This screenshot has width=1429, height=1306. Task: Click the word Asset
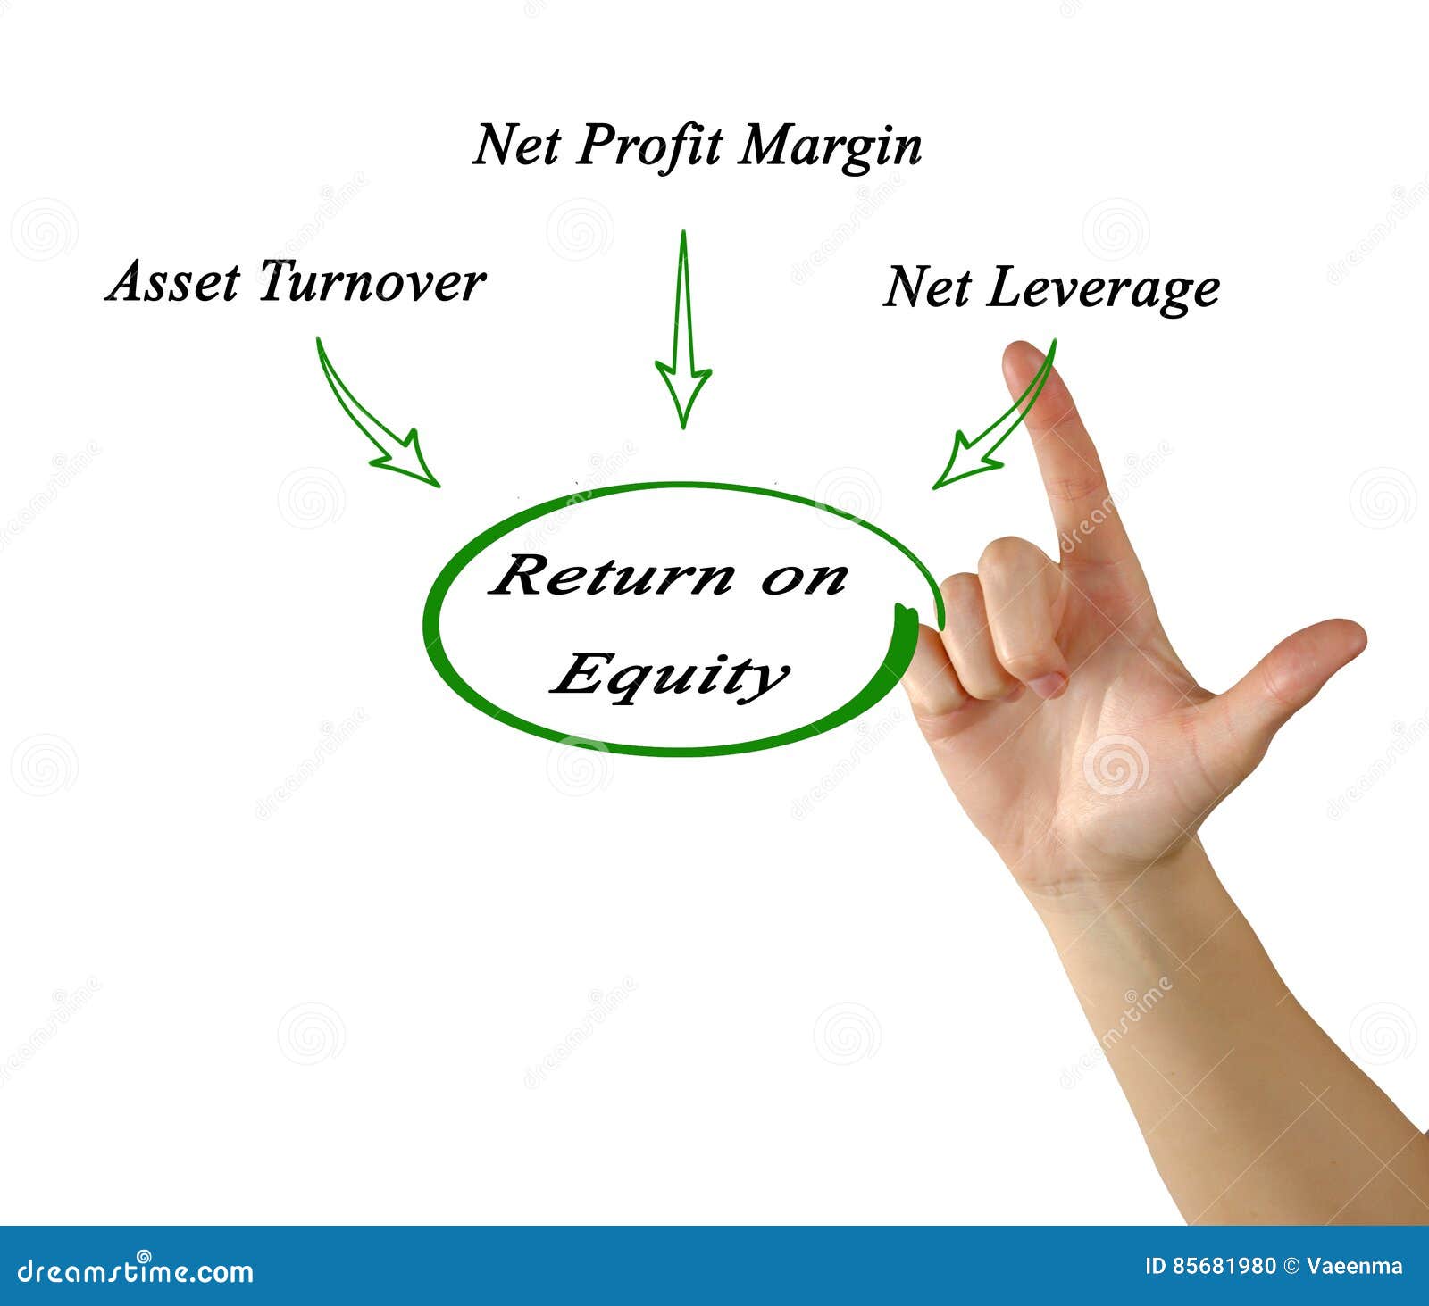click(x=174, y=282)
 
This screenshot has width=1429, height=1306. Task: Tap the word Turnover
click(x=372, y=282)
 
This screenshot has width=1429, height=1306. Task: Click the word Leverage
click(x=1102, y=289)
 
